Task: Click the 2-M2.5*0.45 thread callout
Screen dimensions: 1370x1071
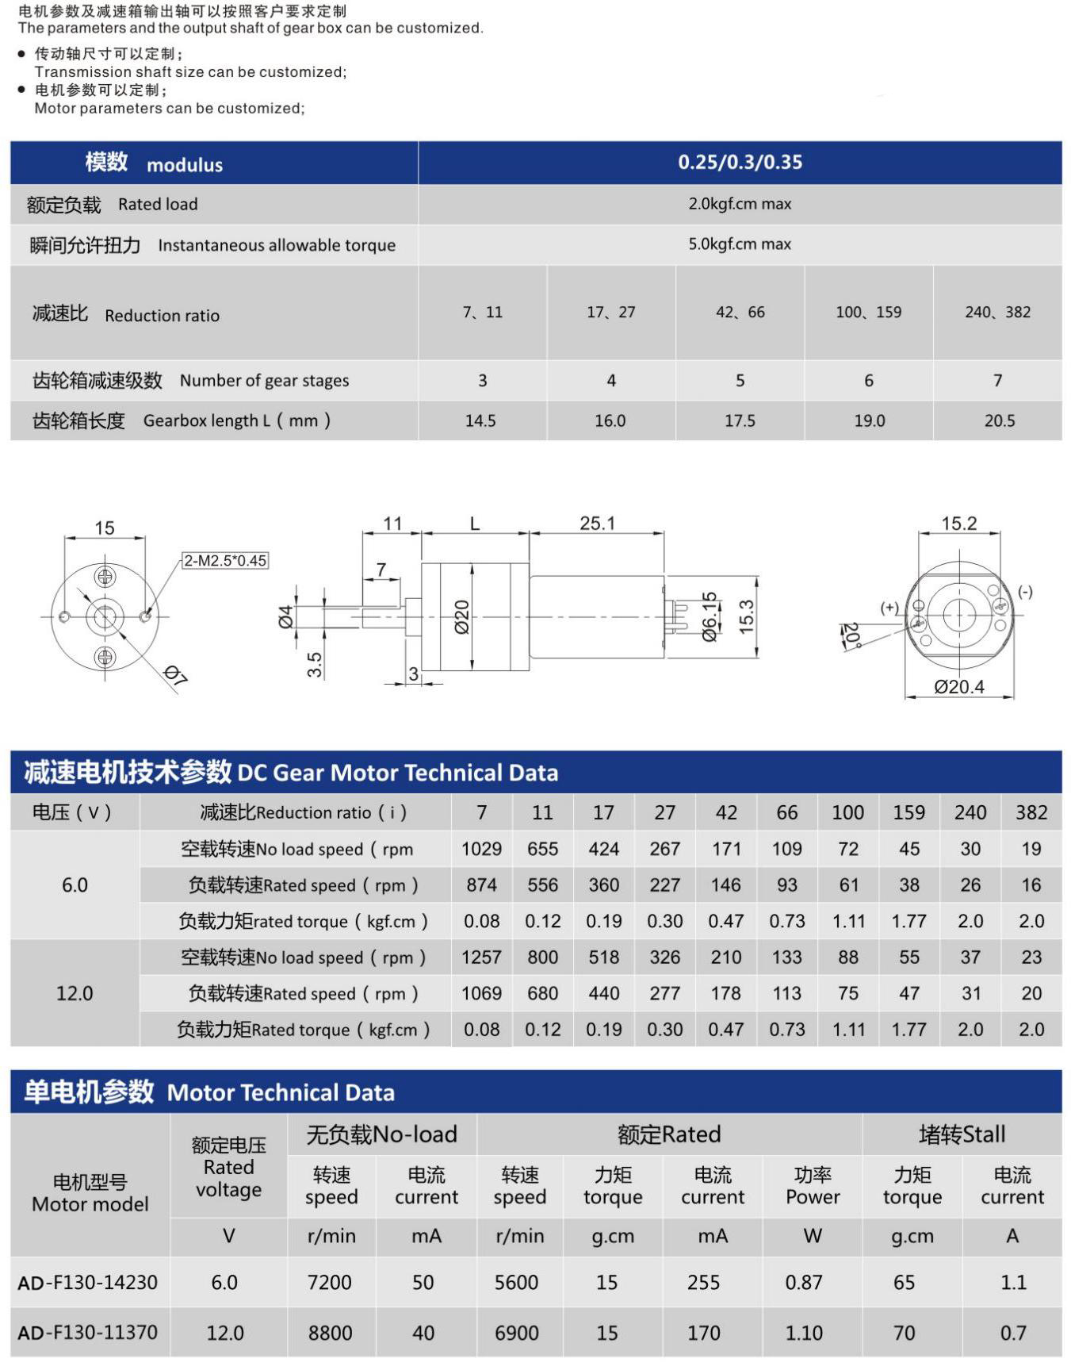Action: (225, 561)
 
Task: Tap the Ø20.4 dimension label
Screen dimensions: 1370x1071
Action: (958, 687)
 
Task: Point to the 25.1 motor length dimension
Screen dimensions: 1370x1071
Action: (597, 524)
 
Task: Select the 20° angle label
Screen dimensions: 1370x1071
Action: (850, 635)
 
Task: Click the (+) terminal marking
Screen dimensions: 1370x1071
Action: (889, 608)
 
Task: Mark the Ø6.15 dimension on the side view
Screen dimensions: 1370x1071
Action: (710, 616)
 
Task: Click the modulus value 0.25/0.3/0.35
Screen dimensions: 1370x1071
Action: (740, 163)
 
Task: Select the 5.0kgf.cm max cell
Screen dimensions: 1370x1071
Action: (740, 244)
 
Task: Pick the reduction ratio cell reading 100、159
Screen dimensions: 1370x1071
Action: (868, 313)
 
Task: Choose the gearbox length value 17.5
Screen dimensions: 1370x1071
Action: (740, 421)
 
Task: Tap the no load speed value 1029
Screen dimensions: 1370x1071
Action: (481, 850)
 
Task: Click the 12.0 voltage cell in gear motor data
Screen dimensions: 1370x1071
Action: (75, 993)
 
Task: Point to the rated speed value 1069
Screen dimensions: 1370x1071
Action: (481, 993)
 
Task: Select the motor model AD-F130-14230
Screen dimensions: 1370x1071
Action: (88, 1283)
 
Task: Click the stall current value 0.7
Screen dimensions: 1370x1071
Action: (1012, 1334)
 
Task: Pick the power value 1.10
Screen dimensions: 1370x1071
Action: (804, 1334)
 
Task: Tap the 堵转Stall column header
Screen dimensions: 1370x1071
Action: (962, 1135)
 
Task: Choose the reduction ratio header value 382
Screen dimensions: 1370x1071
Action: (1031, 813)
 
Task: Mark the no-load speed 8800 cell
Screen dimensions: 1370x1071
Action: (330, 1334)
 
